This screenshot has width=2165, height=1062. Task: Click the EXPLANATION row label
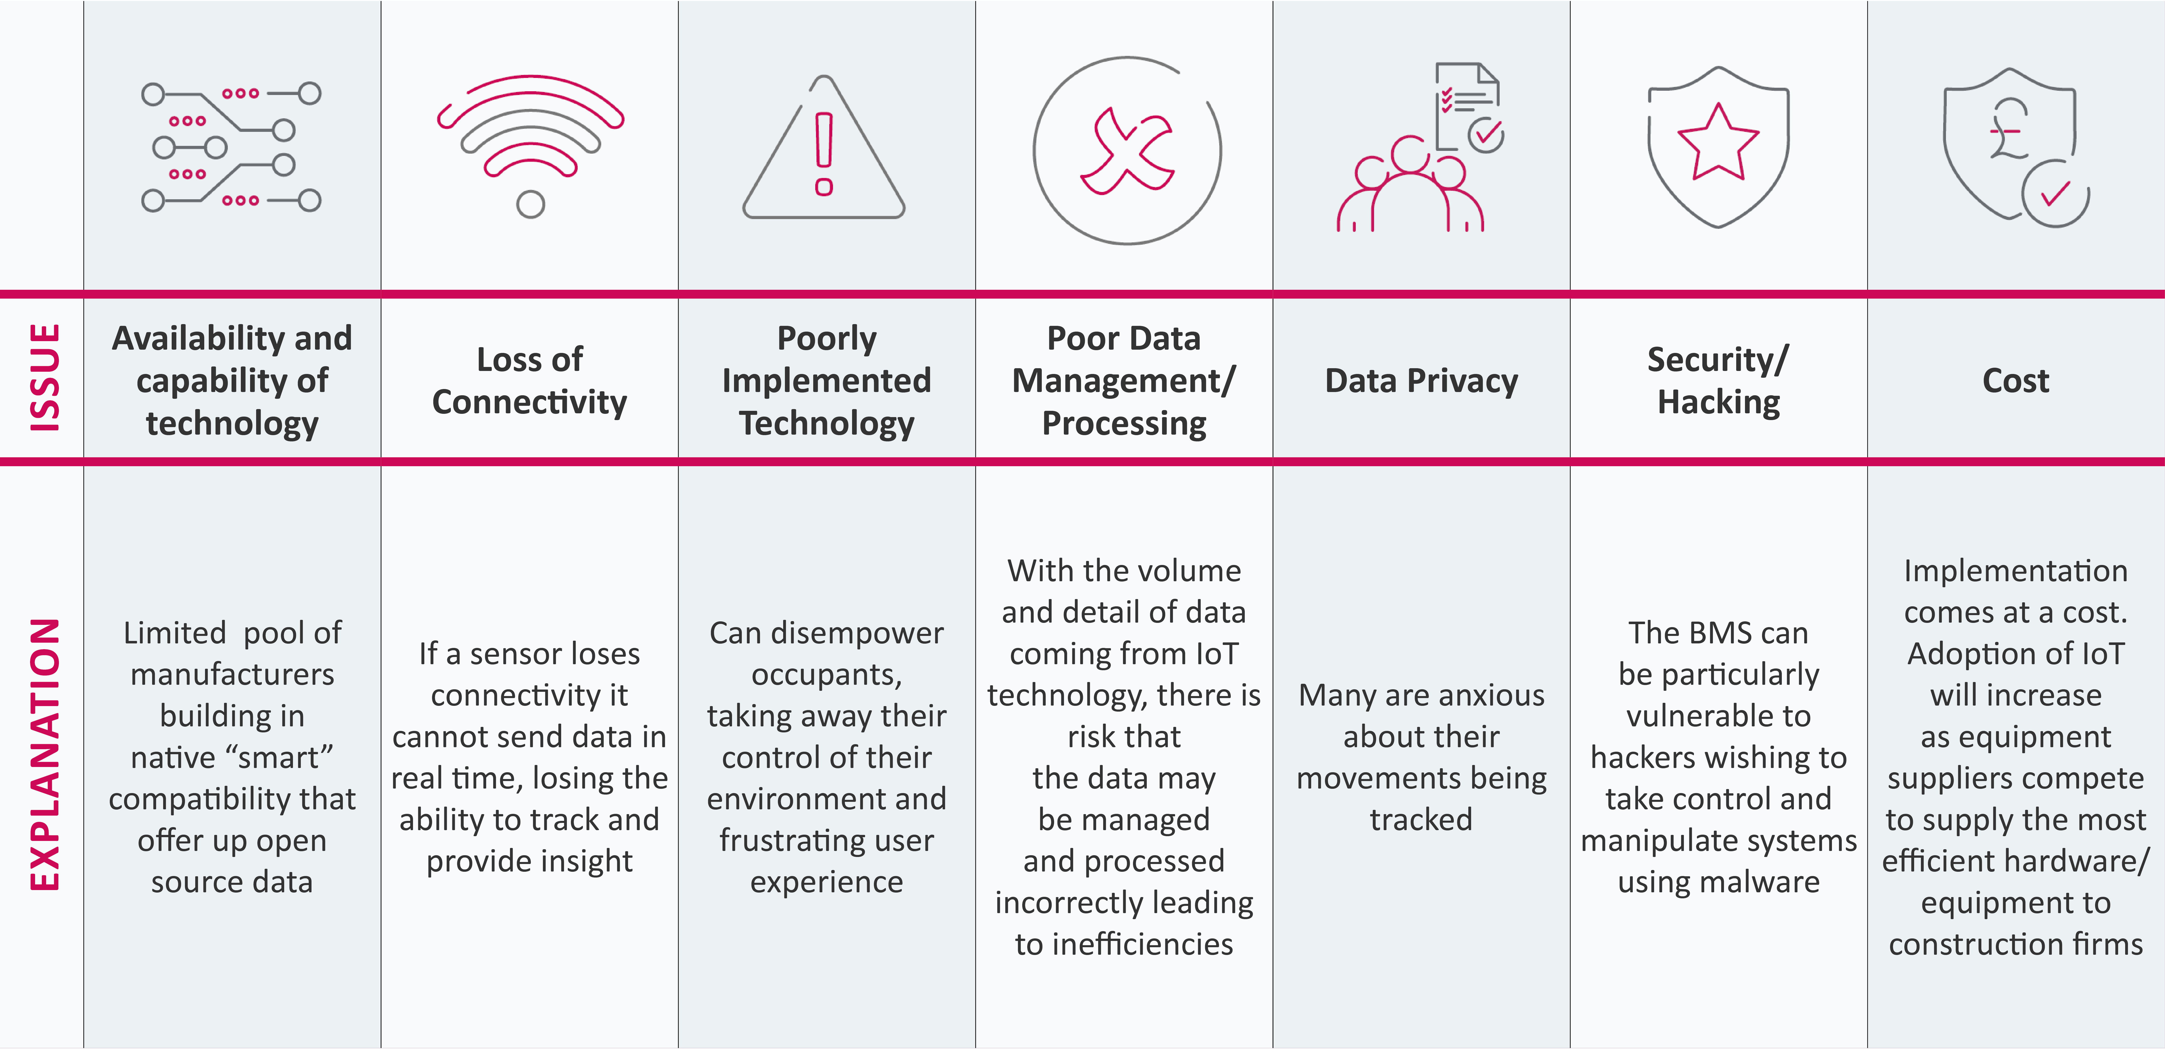pyautogui.click(x=45, y=754)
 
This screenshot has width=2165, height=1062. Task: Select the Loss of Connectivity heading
pyautogui.click(x=530, y=380)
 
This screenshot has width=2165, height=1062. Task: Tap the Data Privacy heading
pyautogui.click(x=1421, y=380)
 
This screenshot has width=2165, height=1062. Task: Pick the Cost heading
pyautogui.click(x=2015, y=380)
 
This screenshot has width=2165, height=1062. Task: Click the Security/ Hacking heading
pyautogui.click(x=1719, y=380)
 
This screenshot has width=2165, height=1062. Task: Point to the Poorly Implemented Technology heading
pyautogui.click(x=826, y=380)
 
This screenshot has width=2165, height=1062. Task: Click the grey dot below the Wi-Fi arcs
pyautogui.click(x=530, y=204)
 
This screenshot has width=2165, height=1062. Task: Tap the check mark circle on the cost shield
pyautogui.click(x=2055, y=194)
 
